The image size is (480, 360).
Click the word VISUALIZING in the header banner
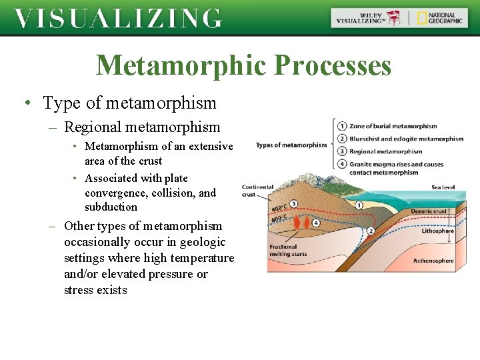[x=117, y=18]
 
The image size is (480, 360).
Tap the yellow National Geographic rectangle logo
[x=422, y=18]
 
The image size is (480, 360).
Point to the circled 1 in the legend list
[x=342, y=126]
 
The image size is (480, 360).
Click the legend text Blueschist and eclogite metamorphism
[x=406, y=139]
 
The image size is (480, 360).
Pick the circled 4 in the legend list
[x=342, y=164]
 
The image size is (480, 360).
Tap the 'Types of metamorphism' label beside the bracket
[x=291, y=145]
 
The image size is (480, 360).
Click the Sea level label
[x=443, y=187]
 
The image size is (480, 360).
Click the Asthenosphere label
[x=433, y=260]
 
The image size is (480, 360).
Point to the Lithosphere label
[x=437, y=231]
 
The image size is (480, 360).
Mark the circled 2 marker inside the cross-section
[x=371, y=231]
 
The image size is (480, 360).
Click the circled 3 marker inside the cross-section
[x=294, y=203]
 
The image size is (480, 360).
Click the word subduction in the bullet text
[x=111, y=207]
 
